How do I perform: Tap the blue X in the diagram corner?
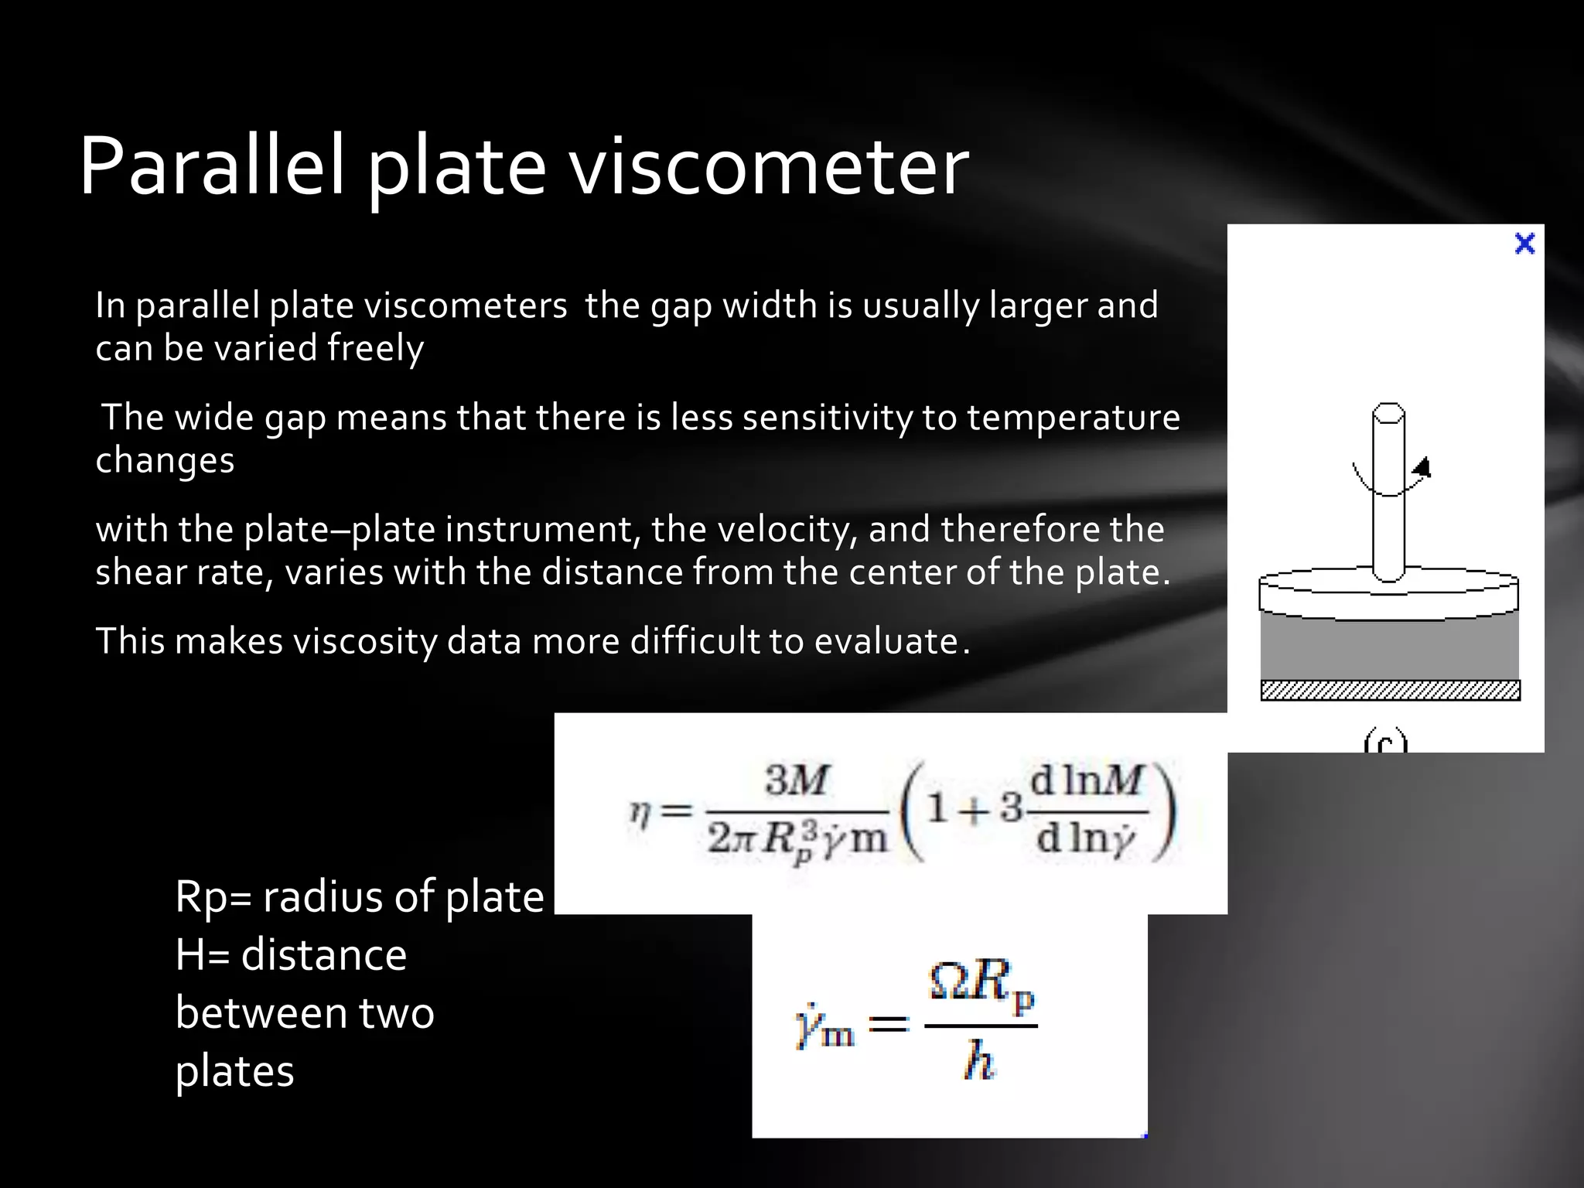click(x=1524, y=244)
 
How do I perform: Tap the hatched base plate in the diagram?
click(x=1390, y=690)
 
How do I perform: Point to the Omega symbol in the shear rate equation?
click(x=949, y=982)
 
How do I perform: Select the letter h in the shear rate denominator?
click(x=979, y=1060)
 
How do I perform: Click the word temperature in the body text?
click(x=1073, y=418)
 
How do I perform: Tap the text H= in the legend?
click(x=202, y=955)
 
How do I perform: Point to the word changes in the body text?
click(x=165, y=460)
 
